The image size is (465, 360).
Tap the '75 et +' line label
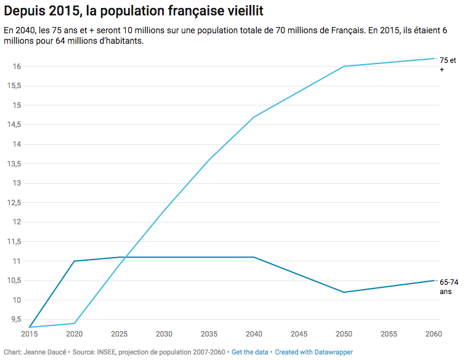(447, 65)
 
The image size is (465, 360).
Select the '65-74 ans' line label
(448, 286)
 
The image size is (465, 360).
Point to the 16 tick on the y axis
(17, 67)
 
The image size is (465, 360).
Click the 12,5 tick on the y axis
(14, 203)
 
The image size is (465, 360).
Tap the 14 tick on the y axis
(17, 144)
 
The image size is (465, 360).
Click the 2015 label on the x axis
(30, 334)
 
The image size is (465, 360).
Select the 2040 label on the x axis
(254, 334)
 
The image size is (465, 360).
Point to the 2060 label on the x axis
(434, 334)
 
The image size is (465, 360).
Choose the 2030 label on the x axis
(164, 334)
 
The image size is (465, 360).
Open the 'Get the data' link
(250, 352)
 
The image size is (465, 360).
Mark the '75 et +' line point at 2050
(344, 66)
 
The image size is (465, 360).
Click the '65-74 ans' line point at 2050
(344, 292)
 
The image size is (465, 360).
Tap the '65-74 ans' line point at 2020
(75, 261)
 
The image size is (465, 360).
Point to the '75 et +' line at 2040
(254, 117)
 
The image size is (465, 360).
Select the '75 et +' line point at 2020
(75, 323)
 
